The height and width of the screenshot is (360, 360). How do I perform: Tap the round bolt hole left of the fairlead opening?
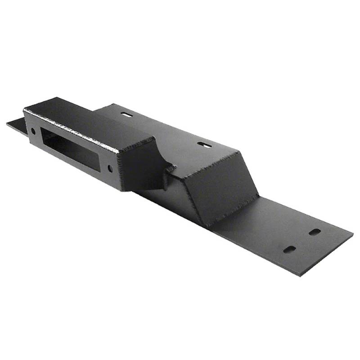tap(33, 131)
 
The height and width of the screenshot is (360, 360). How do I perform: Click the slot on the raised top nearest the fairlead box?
tap(127, 115)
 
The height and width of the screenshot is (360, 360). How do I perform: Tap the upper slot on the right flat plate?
tap(315, 232)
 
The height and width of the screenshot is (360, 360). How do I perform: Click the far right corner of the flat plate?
tap(352, 234)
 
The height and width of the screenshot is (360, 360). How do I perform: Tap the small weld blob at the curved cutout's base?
tap(170, 169)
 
